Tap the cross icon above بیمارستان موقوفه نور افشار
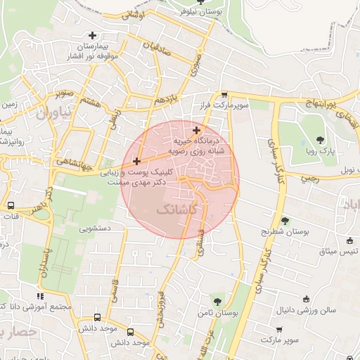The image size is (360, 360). click(92, 35)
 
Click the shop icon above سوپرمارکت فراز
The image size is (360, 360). click(224, 94)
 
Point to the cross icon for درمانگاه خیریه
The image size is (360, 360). click(196, 130)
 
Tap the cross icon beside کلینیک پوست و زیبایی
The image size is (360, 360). click(136, 162)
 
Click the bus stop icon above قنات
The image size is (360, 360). click(11, 206)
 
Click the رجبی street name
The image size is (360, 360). click(309, 179)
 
